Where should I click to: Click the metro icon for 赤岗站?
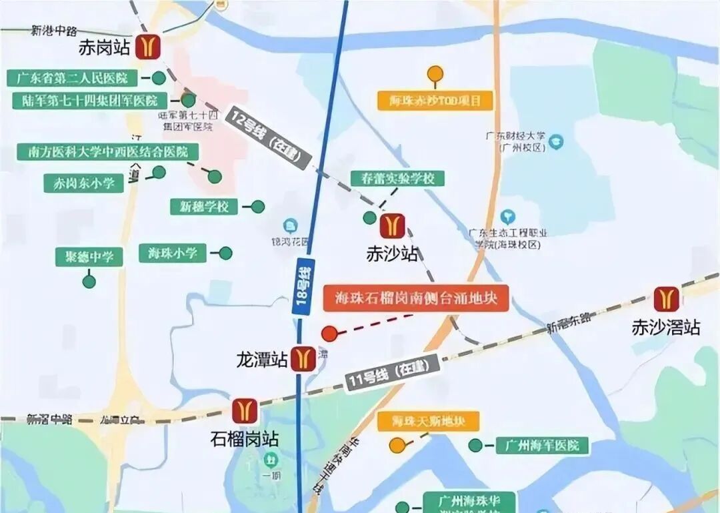click(147, 47)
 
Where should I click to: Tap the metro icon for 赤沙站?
click(393, 225)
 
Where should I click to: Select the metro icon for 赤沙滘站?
click(666, 299)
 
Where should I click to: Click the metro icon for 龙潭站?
click(304, 359)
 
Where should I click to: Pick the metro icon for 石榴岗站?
click(245, 411)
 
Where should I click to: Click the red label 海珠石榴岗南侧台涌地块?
click(417, 298)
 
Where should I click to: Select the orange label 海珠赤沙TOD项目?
click(435, 101)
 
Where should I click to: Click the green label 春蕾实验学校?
click(397, 179)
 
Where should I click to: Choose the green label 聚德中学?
click(89, 257)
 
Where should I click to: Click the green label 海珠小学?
click(173, 253)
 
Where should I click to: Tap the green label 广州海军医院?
click(542, 445)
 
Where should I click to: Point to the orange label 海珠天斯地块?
click(427, 421)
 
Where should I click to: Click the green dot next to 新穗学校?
click(257, 207)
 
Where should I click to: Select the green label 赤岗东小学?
click(84, 183)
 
